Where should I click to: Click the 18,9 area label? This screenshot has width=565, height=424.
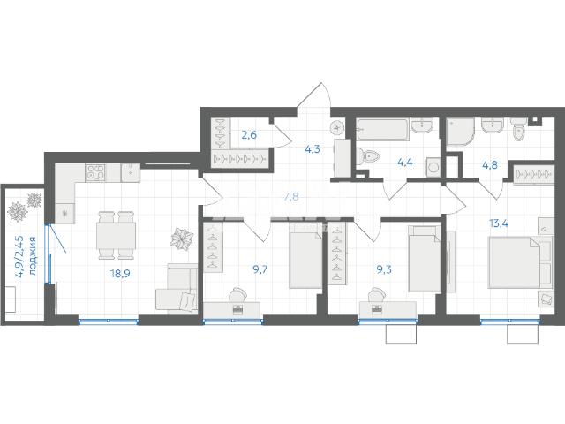pyautogui.click(x=120, y=274)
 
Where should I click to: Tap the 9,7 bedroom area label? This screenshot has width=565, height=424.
pyautogui.click(x=260, y=269)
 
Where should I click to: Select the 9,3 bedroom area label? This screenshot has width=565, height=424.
pyautogui.click(x=384, y=269)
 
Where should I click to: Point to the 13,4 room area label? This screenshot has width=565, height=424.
pyautogui.click(x=499, y=223)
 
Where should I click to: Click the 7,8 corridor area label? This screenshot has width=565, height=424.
pyautogui.click(x=291, y=197)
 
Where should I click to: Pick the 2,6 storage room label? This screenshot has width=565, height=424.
pyautogui.click(x=249, y=135)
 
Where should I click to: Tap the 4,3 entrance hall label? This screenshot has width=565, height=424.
pyautogui.click(x=313, y=149)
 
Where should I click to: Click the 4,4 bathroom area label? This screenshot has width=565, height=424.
pyautogui.click(x=405, y=163)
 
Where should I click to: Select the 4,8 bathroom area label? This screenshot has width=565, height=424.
pyautogui.click(x=490, y=165)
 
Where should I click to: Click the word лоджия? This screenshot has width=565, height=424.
pyautogui.click(x=33, y=256)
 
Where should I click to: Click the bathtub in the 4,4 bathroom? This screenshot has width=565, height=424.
pyautogui.click(x=382, y=130)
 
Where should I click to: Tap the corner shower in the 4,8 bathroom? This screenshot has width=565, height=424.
pyautogui.click(x=460, y=132)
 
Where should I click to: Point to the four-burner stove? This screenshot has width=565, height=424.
pyautogui.click(x=95, y=173)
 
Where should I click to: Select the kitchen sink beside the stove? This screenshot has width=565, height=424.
pyautogui.click(x=130, y=173)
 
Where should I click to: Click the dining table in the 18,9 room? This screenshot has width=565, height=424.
pyautogui.click(x=116, y=236)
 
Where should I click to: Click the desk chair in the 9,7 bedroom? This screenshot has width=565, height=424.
pyautogui.click(x=237, y=295)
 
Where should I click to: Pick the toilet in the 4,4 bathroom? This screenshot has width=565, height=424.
pyautogui.click(x=368, y=156)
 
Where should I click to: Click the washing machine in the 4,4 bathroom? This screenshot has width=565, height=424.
pyautogui.click(x=433, y=167)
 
